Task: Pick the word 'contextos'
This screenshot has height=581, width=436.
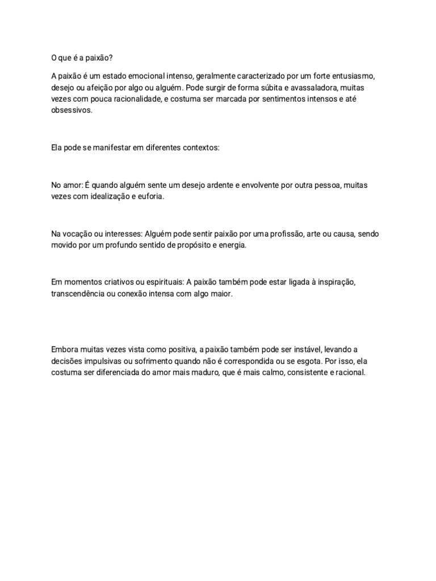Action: click(199, 147)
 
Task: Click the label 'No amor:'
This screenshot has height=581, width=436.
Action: click(67, 185)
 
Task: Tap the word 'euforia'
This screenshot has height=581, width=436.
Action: click(150, 196)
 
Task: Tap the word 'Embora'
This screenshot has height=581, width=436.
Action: click(64, 349)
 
